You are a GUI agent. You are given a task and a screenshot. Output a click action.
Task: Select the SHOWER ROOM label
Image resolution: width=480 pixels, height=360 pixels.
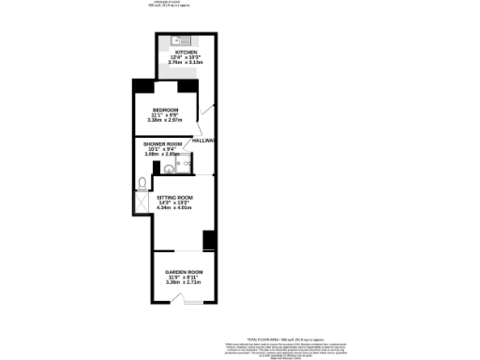coord(161,143)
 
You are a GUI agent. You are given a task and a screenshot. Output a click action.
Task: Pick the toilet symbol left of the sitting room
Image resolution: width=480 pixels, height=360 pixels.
coord(140,183)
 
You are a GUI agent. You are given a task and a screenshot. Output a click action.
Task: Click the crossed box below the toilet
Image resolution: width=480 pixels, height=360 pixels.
coord(141,202)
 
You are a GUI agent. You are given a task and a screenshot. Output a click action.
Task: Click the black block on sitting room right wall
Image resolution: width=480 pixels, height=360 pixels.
coord(209,239)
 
